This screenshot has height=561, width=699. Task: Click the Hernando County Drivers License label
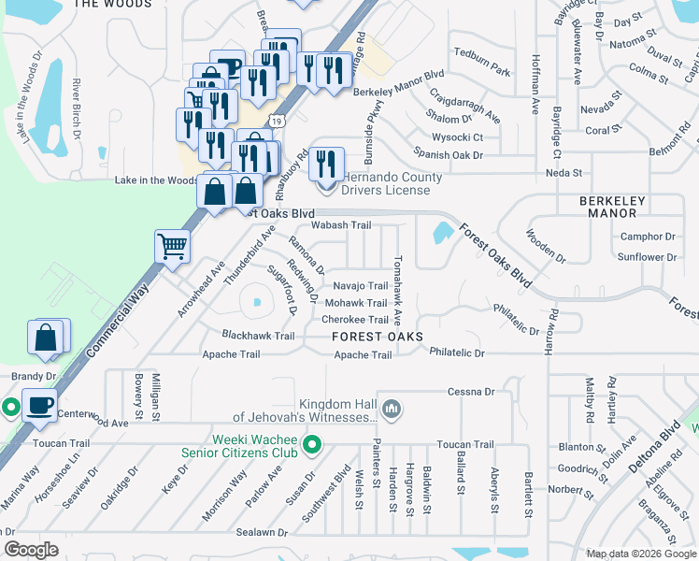click(385, 183)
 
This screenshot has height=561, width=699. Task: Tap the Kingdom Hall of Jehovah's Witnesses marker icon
click(392, 409)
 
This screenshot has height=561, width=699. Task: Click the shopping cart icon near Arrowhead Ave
click(173, 247)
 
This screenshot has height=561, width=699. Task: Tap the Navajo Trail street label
click(360, 286)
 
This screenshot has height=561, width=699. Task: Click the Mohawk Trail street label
click(355, 303)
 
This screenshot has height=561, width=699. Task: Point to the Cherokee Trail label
click(354, 320)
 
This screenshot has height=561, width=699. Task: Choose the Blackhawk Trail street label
click(258, 336)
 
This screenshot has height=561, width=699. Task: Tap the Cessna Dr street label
click(470, 392)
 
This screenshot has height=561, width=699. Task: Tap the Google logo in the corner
click(32, 550)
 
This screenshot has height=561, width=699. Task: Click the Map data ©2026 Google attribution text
click(640, 554)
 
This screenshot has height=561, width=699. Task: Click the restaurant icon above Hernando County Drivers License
click(326, 165)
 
